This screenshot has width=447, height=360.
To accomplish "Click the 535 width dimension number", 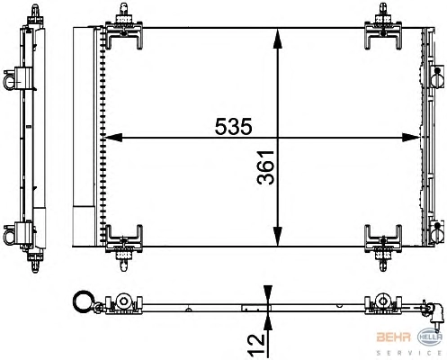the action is pos(234,126).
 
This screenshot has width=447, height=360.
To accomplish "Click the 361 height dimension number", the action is pos(265,167).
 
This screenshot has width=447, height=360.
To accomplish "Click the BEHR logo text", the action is pos(393,337).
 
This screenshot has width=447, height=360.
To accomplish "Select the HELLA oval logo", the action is pos(430,337).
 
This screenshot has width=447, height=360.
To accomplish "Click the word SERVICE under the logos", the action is pos(409,353).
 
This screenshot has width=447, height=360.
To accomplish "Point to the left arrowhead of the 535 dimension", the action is pos(114,138).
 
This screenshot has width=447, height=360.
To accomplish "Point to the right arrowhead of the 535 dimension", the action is pos(411,138).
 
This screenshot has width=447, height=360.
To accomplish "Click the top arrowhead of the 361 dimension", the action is pos(278,38).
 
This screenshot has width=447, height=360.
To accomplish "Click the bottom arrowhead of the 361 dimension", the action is pos(278,237).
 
